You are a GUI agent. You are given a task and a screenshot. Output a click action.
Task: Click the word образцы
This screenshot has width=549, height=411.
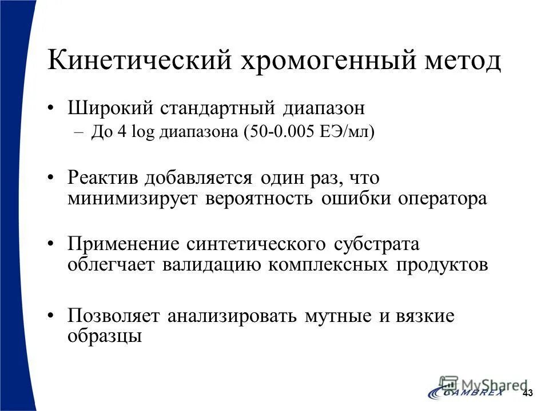pyautogui.click(x=104, y=336)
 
